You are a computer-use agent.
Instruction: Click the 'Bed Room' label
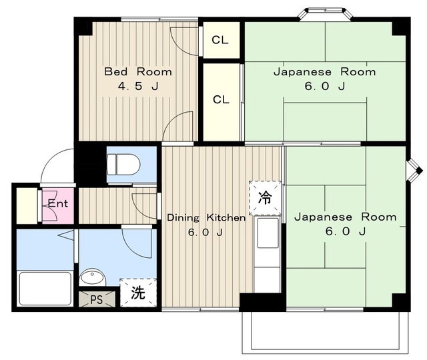pos(138,72)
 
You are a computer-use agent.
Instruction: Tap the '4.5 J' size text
pos(138,86)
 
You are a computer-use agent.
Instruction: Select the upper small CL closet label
pos(220,40)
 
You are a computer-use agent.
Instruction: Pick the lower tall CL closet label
pos(221,99)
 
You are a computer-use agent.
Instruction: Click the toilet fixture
pos(124,165)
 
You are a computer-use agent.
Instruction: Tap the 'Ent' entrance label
pos(58,203)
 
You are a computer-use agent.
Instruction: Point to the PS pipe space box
pos(97,299)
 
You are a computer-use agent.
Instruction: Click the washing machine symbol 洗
pos(138,293)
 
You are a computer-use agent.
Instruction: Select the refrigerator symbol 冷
pos(265,198)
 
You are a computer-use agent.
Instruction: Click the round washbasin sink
pos(92,277)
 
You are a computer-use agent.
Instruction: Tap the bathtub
pos(45,289)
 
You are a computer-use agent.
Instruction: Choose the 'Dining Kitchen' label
pos(206,218)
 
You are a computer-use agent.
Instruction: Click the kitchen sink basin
pos(268,233)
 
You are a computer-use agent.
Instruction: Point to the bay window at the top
pos(325,13)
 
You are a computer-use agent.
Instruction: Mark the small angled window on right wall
pos(414,171)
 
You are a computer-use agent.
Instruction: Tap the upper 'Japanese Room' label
pos(325,72)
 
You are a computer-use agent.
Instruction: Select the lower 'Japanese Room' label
pos(346,217)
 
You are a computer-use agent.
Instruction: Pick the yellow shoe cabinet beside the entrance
pos(27,206)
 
